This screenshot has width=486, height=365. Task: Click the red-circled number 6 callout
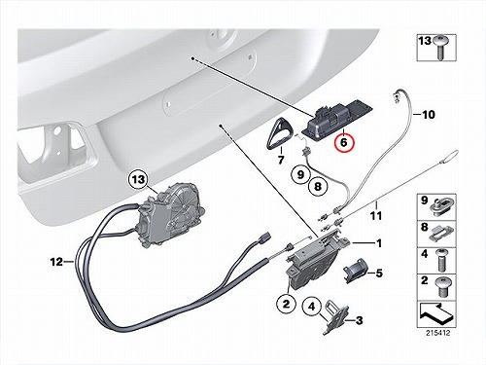(345, 142)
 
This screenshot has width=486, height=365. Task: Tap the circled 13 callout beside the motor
(139, 179)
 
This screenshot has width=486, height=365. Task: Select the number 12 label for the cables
(56, 262)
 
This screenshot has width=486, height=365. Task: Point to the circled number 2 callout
(287, 304)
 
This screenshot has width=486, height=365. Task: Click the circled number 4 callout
(311, 307)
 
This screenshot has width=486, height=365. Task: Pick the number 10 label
(429, 115)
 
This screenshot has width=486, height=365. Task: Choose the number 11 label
(376, 216)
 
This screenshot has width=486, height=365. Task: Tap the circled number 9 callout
(300, 174)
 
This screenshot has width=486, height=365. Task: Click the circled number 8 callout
(318, 186)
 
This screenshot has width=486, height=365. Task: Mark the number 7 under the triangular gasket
(281, 160)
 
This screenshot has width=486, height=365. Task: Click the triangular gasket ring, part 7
(278, 134)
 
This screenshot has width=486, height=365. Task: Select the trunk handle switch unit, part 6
(337, 118)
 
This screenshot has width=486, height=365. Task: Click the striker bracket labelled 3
(336, 316)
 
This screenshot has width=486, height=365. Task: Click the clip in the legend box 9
(440, 207)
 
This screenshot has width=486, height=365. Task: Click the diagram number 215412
(438, 333)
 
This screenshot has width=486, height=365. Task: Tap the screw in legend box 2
(443, 287)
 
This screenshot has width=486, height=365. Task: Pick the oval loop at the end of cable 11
(449, 156)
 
